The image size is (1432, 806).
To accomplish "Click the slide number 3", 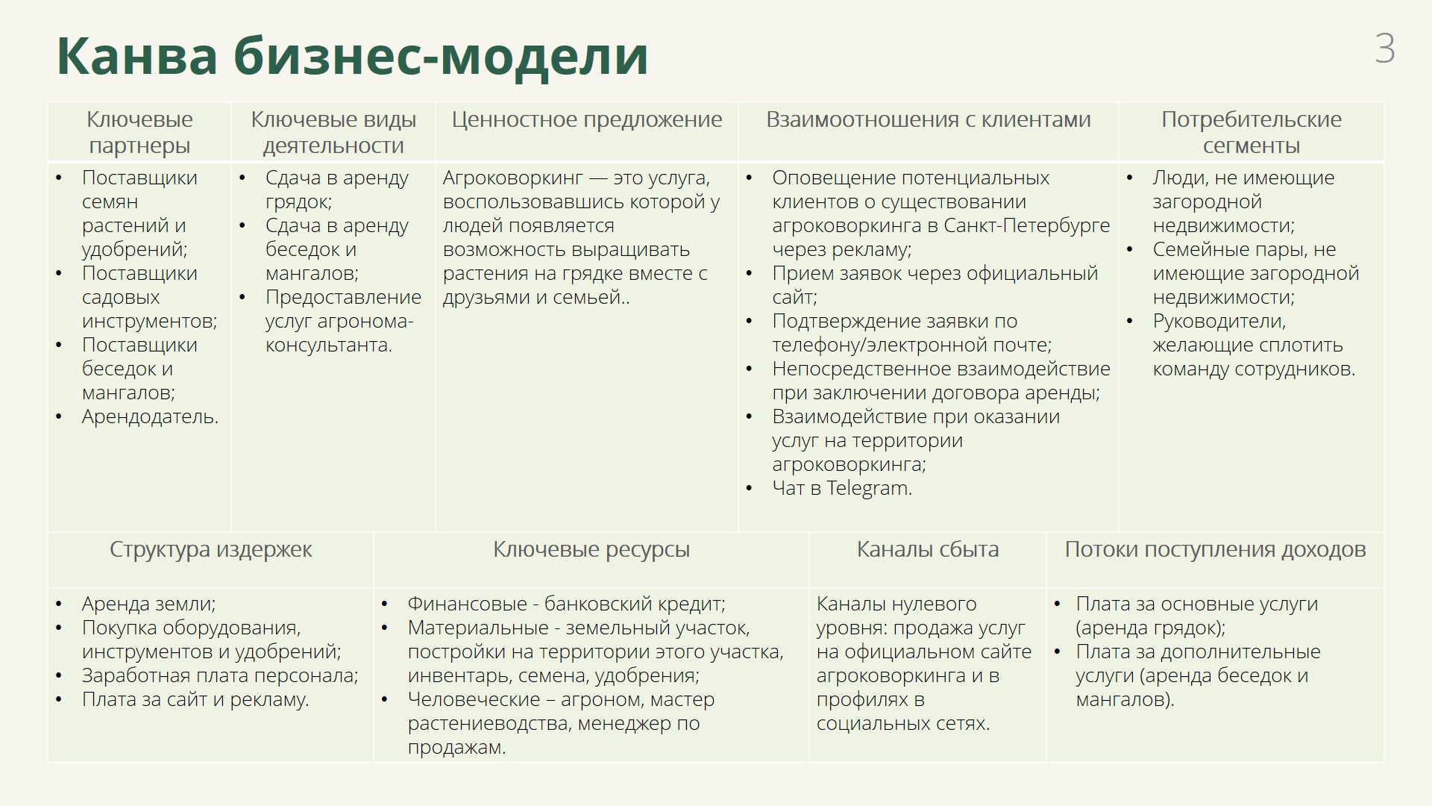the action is click(1384, 49).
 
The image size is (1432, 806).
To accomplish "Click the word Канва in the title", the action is click(137, 55).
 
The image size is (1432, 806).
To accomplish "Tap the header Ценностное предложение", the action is click(587, 119).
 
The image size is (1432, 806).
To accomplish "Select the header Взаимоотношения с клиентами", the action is click(929, 119).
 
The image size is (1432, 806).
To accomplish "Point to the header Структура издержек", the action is click(211, 550).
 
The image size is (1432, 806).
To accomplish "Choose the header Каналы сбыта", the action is click(927, 550).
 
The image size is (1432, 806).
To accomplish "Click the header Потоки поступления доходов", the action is click(1215, 550).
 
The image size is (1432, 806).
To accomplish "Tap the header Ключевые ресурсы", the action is click(591, 550).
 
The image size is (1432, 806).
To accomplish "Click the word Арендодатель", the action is click(150, 417).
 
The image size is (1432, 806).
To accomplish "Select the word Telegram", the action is click(869, 489).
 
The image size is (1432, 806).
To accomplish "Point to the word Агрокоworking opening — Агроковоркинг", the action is click(512, 178).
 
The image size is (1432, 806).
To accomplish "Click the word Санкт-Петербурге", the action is click(1027, 225).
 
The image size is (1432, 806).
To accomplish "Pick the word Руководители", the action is click(1219, 322).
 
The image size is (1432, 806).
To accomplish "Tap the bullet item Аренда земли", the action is click(148, 604).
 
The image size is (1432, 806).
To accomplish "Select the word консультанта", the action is click(329, 346).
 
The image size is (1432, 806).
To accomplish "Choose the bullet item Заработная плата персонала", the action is click(220, 676).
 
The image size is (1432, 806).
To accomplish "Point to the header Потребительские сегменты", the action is click(1252, 132).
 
